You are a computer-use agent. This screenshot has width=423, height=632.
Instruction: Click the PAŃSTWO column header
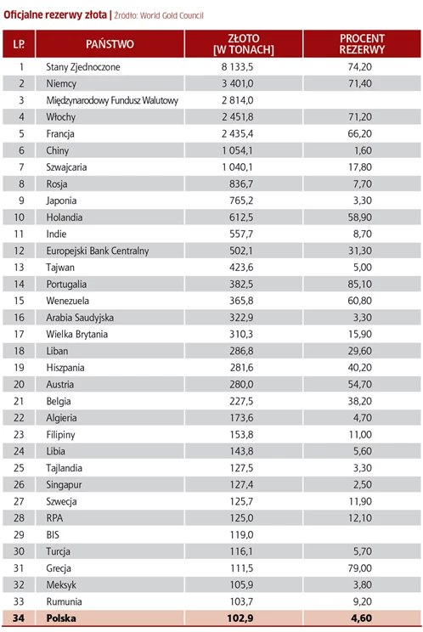point(110,44)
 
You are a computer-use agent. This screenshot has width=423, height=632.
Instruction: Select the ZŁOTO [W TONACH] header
point(243,44)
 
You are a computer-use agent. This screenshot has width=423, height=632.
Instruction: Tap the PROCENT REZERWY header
point(362,44)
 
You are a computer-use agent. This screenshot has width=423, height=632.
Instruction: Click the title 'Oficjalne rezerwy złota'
point(55,15)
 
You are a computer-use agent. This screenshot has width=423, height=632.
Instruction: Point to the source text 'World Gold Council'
point(172,16)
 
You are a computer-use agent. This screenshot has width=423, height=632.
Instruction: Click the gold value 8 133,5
point(237,67)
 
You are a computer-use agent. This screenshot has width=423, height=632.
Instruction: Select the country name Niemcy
point(61,84)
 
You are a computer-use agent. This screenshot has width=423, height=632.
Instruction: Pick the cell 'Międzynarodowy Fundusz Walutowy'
point(112,100)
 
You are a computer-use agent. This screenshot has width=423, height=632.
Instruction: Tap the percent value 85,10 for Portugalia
point(360,285)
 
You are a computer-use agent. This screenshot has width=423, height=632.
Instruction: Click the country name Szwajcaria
point(66,167)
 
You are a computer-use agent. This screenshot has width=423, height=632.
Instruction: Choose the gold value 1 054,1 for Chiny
point(237,150)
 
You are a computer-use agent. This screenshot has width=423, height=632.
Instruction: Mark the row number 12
point(19,251)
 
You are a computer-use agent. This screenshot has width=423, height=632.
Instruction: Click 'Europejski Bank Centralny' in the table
point(97,251)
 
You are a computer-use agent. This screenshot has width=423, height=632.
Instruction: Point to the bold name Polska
point(61,618)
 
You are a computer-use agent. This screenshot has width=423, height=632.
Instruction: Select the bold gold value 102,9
point(240,618)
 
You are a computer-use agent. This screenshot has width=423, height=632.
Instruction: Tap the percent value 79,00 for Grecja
point(360,568)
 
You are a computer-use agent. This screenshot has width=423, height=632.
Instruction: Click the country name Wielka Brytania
point(76,334)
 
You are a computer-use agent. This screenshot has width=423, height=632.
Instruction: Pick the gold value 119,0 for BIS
point(241,535)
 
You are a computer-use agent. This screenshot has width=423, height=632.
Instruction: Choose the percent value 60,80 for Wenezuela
point(360,301)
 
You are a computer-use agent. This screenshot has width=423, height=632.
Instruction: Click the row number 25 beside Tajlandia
point(19,468)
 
